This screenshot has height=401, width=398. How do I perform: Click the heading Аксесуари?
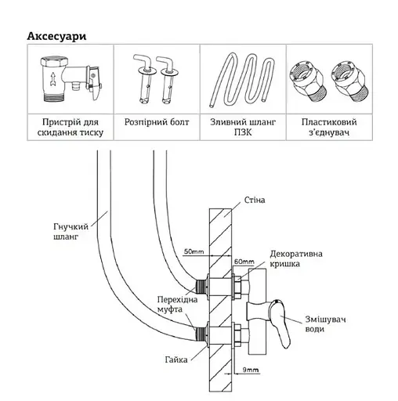pyautogui.click(x=56, y=37)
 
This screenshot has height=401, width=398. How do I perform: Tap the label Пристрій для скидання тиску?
pyautogui.click(x=71, y=127)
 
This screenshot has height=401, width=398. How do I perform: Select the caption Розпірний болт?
pyautogui.click(x=157, y=122)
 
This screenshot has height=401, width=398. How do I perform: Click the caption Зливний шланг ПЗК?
pyautogui.click(x=243, y=127)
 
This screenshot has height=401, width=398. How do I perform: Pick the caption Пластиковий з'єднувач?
pyautogui.click(x=329, y=127)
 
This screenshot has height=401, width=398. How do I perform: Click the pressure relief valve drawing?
pyautogui.click(x=71, y=78)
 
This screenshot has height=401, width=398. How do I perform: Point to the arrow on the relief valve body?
pyautogui.click(x=53, y=79)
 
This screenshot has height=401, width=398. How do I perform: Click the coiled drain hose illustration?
pyautogui.click(x=242, y=80)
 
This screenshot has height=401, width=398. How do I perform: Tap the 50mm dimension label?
pyautogui.click(x=194, y=252)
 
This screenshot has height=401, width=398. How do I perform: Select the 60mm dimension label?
pyautogui.click(x=244, y=262)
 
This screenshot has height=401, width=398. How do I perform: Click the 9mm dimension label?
pyautogui.click(x=251, y=370)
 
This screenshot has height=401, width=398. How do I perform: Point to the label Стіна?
pyautogui.click(x=255, y=200)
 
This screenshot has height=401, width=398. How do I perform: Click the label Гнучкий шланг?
pyautogui.click(x=71, y=232)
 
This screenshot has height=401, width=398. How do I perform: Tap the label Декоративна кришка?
pyautogui.click(x=296, y=258)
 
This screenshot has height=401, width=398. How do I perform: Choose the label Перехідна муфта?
pyautogui.click(x=177, y=305)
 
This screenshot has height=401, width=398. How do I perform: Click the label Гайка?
pyautogui.click(x=176, y=359)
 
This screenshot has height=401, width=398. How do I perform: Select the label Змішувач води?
pyautogui.click(x=326, y=324)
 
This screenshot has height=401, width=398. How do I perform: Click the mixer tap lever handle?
pyautogui.click(x=280, y=323)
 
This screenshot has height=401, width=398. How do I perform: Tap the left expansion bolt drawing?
pyautogui.click(x=144, y=79)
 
